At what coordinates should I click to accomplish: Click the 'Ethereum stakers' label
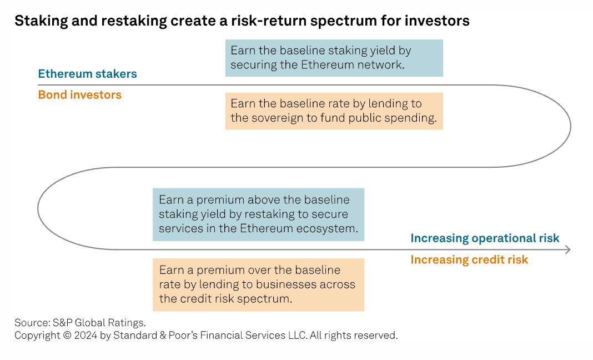(x=87, y=73)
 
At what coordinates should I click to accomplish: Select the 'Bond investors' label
(x=80, y=94)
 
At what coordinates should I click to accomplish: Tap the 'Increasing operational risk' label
(x=485, y=238)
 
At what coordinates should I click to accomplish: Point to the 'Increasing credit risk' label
(x=469, y=259)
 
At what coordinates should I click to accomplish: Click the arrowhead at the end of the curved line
(x=568, y=249)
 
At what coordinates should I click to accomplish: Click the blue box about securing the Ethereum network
(x=334, y=58)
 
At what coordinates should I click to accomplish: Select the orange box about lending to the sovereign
(x=334, y=111)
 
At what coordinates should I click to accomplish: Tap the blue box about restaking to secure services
(x=258, y=214)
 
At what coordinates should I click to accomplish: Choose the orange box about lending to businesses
(x=258, y=284)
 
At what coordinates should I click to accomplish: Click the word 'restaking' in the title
(x=134, y=21)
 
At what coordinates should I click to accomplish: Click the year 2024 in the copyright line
(x=86, y=336)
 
